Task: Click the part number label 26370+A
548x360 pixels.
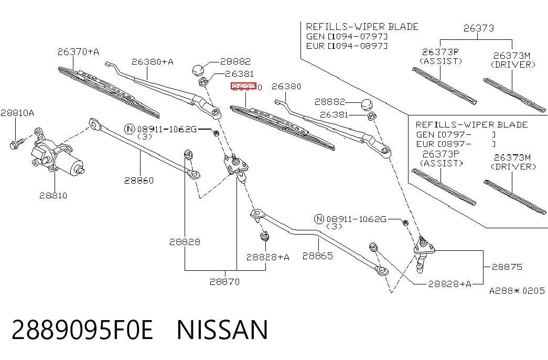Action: click(x=78, y=52)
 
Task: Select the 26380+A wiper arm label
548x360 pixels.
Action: click(x=153, y=61)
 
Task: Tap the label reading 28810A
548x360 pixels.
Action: click(x=17, y=113)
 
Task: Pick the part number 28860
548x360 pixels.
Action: click(x=139, y=181)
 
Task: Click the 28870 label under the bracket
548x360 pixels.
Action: click(x=225, y=282)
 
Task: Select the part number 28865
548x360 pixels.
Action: click(x=318, y=256)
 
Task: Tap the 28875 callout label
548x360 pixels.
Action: click(x=507, y=267)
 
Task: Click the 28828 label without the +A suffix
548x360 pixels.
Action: click(x=185, y=242)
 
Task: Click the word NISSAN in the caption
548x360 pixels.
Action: click(x=222, y=330)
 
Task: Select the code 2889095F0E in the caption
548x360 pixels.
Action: click(x=82, y=330)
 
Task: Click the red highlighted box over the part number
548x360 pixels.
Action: click(x=244, y=86)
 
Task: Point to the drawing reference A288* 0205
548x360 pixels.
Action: click(x=517, y=291)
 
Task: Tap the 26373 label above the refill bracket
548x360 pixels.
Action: click(x=479, y=28)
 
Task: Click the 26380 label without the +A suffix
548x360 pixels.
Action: click(x=286, y=87)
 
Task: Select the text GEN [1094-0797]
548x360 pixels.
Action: click(x=347, y=36)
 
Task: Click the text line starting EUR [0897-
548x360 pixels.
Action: click(x=456, y=144)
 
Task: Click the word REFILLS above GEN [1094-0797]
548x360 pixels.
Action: click(x=327, y=27)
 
